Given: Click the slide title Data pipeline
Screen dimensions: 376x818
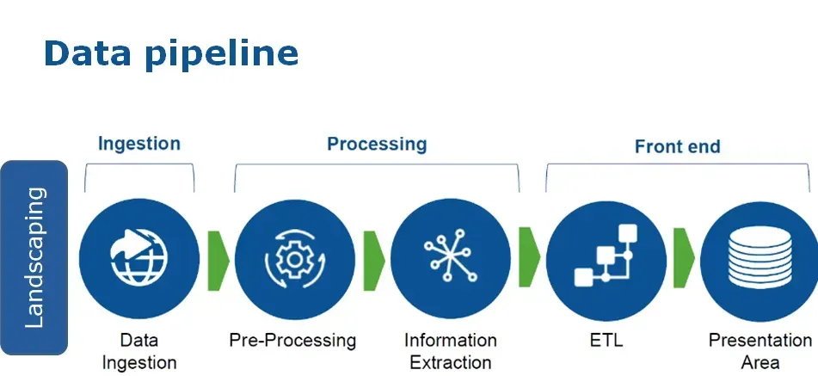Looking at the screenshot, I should [170, 53].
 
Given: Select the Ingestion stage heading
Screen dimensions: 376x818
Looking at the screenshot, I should [138, 143].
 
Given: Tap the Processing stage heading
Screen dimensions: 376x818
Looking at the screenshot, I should [376, 143].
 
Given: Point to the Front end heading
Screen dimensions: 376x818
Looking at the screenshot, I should [677, 146].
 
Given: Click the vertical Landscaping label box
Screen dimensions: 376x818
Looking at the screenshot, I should [34, 257].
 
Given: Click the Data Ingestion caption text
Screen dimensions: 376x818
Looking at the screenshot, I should [138, 351].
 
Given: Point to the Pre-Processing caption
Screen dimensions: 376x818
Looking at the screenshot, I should [292, 341].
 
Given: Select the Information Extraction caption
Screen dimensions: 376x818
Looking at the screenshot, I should [450, 351].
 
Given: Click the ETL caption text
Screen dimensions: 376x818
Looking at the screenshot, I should [602, 341].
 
